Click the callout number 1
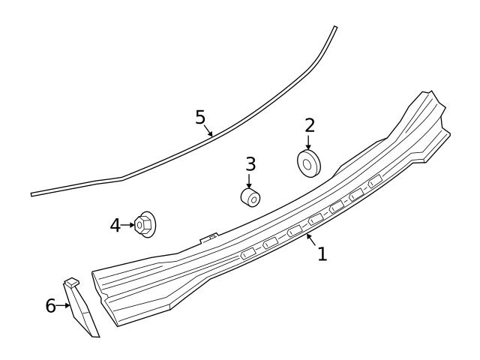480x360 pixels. click(x=322, y=254)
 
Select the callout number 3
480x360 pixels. click(x=250, y=163)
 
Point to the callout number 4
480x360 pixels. click(x=115, y=224)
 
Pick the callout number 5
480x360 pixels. click(x=199, y=117)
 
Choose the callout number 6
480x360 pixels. click(x=51, y=305)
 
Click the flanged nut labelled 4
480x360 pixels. click(x=144, y=224)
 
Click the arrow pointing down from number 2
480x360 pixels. click(x=308, y=142)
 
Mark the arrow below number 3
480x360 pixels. click(x=250, y=180)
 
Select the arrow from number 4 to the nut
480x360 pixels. click(x=128, y=224)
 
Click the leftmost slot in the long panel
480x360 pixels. click(x=247, y=255)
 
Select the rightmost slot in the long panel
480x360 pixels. click(x=375, y=180)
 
